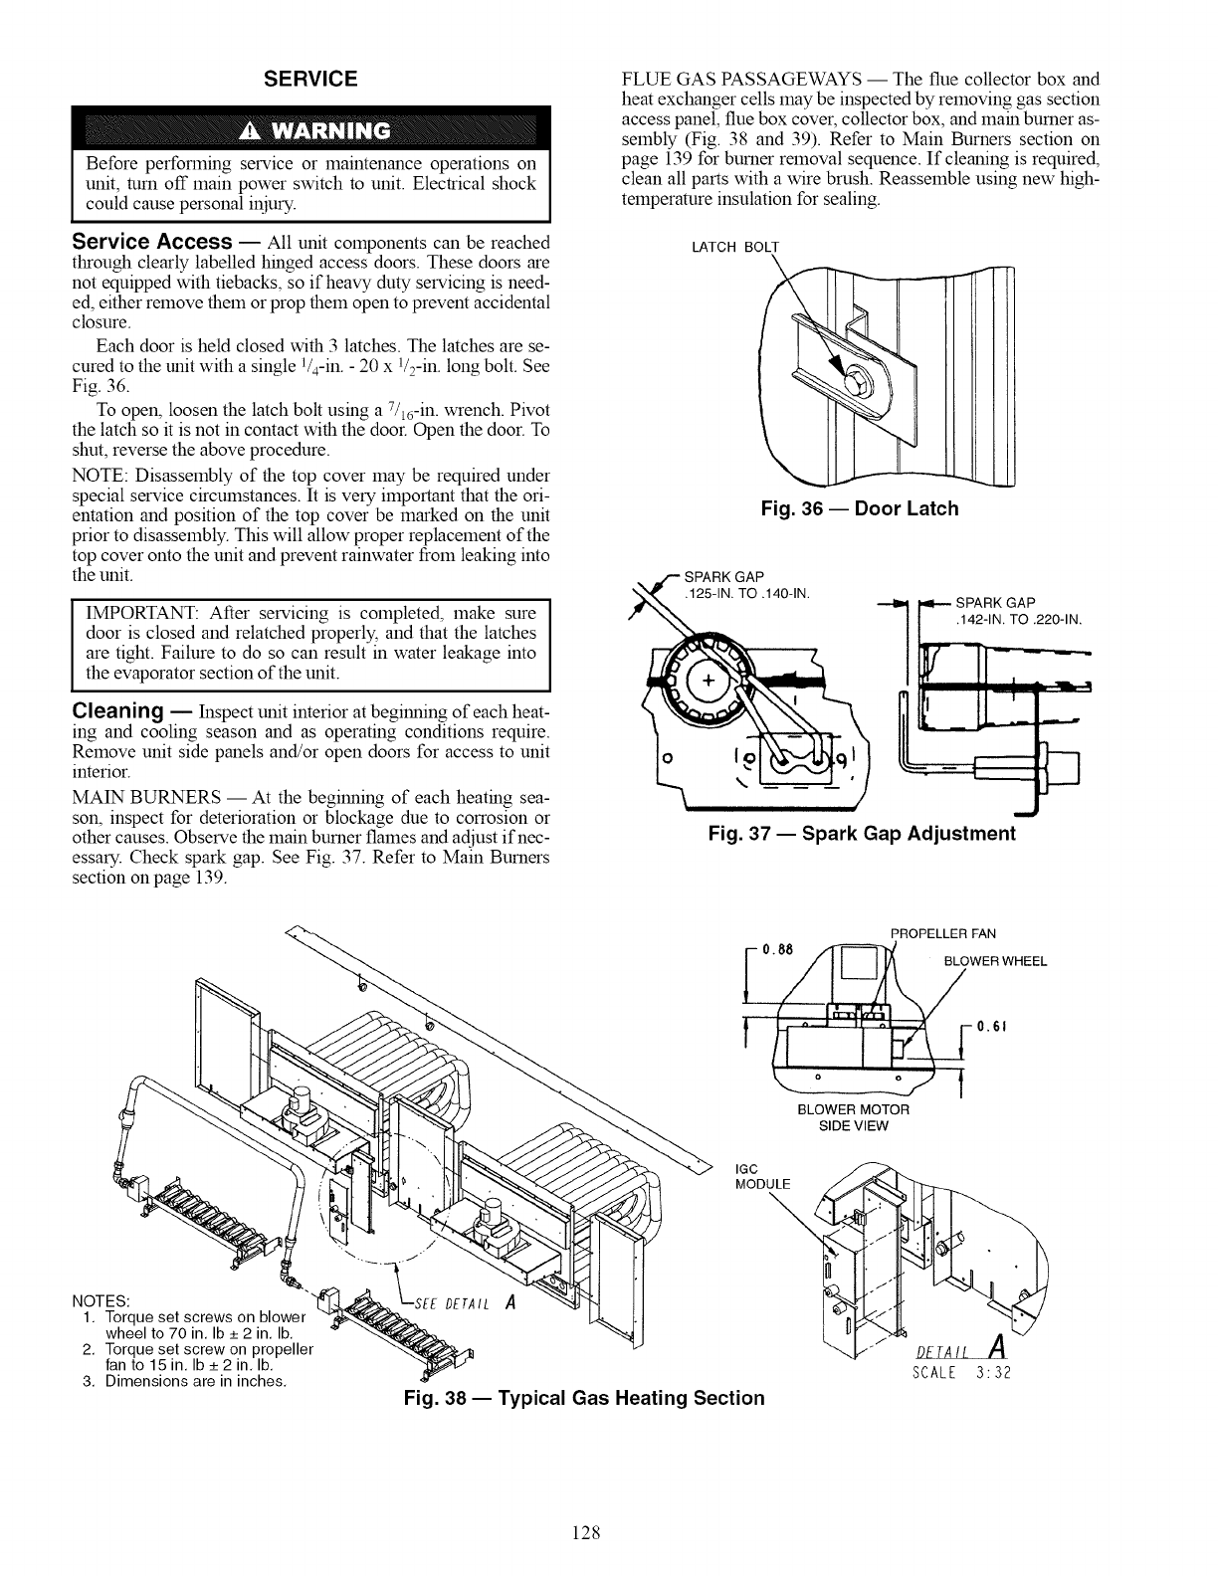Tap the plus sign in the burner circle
tap(709, 681)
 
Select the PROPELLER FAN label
tap(938, 933)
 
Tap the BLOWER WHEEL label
tap(994, 961)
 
